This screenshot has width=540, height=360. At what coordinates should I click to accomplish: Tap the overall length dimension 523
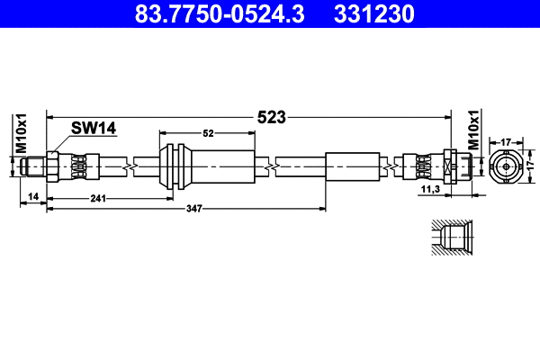click(x=271, y=117)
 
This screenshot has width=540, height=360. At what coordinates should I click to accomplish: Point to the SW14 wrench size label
click(x=95, y=129)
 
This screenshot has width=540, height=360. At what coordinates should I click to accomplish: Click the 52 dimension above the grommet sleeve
click(x=208, y=133)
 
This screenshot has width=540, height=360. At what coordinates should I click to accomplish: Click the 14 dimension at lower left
click(x=32, y=195)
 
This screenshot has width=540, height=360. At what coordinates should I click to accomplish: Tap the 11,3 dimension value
click(x=431, y=190)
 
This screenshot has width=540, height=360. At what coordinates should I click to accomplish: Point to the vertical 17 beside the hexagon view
click(x=531, y=166)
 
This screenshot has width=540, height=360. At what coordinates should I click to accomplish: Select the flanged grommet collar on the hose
click(x=175, y=166)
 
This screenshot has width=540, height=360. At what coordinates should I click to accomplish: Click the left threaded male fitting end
click(x=35, y=166)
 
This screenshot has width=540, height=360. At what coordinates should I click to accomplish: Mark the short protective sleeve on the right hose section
click(x=353, y=166)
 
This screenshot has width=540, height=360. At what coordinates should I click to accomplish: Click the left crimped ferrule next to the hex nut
click(x=79, y=166)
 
